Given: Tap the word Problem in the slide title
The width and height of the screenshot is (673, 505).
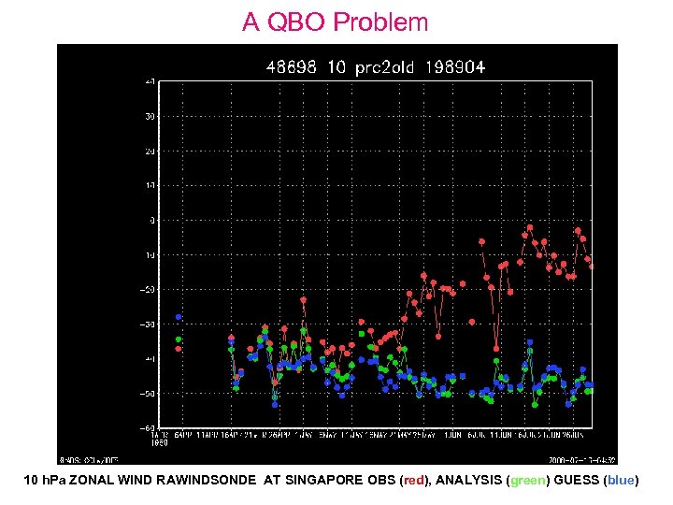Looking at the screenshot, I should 382,22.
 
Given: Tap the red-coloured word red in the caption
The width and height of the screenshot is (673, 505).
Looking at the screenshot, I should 413,480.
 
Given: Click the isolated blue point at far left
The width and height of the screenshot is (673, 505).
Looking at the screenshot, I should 179,317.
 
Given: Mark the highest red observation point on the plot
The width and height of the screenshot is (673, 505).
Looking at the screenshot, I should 529,227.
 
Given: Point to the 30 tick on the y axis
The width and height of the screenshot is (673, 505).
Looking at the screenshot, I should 150,116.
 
